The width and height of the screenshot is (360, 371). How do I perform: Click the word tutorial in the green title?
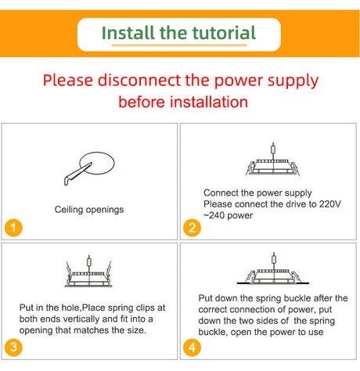pos(224,33)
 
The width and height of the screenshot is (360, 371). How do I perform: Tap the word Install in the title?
pos(128,33)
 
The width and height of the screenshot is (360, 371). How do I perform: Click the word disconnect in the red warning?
pos(140,80)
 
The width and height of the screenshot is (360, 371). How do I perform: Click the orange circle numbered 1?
pos(13,228)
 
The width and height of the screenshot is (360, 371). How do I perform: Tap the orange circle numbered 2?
pos(192,228)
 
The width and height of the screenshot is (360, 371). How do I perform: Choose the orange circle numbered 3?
pos(13,348)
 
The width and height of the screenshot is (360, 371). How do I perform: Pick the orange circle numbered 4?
pos(192,348)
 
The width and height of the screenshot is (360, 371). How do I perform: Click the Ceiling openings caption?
pos(89,210)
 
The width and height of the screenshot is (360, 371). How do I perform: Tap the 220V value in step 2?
pos(330,204)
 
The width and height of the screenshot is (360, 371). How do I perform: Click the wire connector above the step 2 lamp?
pos(273,149)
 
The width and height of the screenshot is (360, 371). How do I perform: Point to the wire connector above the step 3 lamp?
pos(89,261)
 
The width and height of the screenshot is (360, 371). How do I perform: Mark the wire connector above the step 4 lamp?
pos(274,259)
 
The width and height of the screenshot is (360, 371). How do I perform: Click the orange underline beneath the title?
pos(179,45)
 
